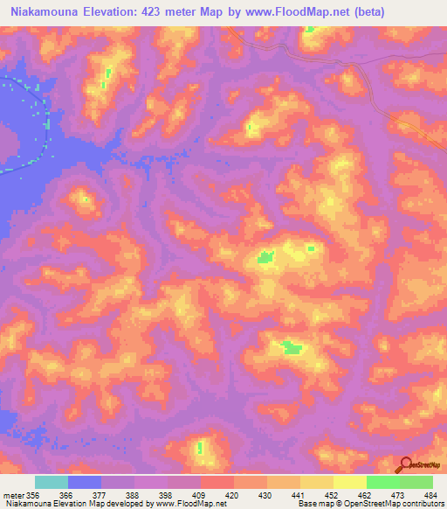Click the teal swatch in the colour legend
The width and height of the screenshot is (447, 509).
pyautogui.click(x=52, y=482)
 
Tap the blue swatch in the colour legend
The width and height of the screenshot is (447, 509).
pyautogui.click(x=85, y=482)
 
